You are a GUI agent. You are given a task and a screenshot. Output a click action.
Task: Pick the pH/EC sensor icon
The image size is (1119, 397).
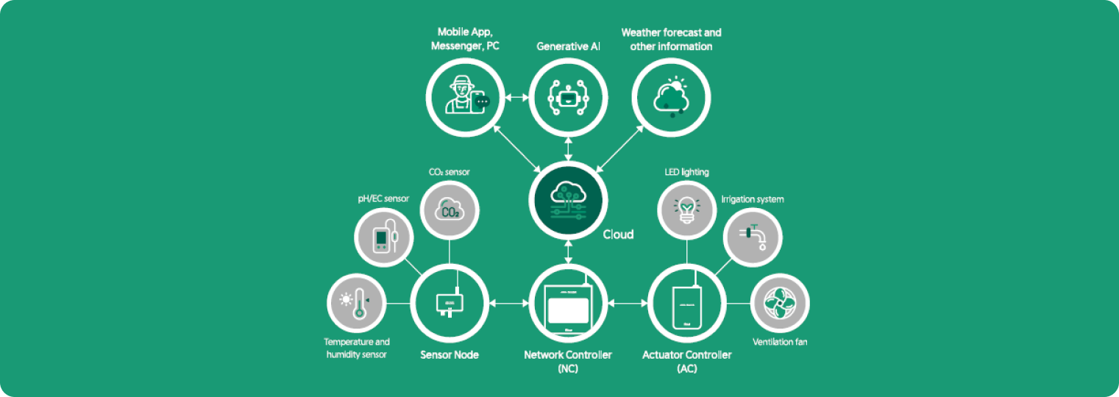(385, 237)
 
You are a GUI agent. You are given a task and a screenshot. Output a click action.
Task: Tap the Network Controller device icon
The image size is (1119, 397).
(568, 302)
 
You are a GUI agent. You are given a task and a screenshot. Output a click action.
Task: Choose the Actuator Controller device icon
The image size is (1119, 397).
(687, 302)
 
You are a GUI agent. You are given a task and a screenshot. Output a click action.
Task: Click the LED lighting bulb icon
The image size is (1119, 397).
(686, 210)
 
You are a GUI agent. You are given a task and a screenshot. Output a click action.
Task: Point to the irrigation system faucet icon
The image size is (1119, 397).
(753, 237)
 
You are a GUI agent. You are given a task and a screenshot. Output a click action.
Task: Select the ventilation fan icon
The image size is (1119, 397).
(779, 302)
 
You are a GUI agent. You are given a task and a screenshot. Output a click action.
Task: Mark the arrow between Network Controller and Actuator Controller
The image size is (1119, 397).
(628, 302)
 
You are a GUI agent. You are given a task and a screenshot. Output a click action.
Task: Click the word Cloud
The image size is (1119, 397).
(618, 235)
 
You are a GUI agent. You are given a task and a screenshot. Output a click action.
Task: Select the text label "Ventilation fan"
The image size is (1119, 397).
(780, 342)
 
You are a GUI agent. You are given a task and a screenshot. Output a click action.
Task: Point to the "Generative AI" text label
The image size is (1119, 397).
(568, 46)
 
